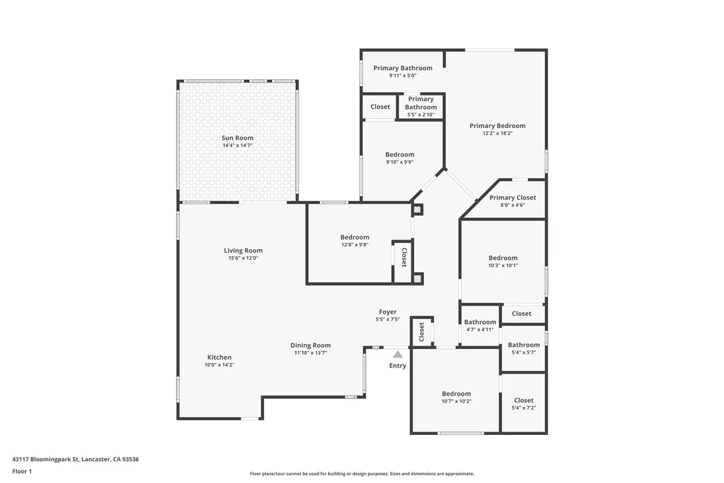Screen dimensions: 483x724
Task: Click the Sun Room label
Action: [237, 138]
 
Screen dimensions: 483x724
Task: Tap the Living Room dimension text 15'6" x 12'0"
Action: [243, 258]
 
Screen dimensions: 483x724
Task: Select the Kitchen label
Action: [219, 358]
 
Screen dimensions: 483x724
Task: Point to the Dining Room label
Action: [311, 346]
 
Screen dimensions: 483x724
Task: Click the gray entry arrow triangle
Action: [397, 354]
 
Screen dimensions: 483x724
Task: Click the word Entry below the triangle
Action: [397, 366]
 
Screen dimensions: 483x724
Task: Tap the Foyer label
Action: [388, 312]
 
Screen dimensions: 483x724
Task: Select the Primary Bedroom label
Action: [497, 125]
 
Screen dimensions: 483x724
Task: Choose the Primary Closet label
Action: [513, 197]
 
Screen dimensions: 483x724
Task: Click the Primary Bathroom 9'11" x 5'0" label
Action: [403, 68]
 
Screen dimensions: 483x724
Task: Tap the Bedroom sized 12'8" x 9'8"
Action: [355, 237]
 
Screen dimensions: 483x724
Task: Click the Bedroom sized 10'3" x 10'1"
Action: [503, 258]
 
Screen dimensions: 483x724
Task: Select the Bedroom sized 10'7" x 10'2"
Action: [456, 394]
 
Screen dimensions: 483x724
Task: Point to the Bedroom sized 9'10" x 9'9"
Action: [399, 155]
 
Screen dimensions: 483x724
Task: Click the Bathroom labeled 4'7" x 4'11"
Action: [480, 322]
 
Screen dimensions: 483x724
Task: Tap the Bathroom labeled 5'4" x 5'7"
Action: [523, 345]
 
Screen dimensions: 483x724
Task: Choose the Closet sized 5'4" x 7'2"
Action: [523, 400]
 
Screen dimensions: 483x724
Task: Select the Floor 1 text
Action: [21, 471]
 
